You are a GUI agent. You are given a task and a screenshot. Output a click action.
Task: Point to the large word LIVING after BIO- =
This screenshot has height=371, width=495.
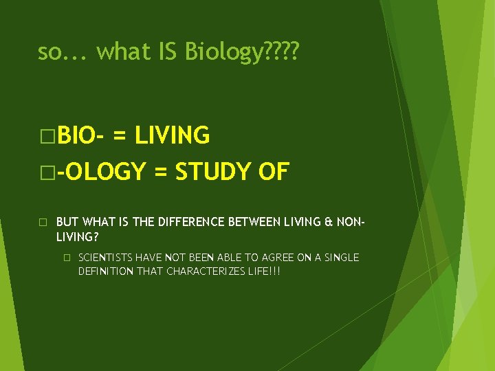coord(172,136)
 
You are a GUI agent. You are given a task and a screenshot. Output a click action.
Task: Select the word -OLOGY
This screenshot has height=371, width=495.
coord(101,172)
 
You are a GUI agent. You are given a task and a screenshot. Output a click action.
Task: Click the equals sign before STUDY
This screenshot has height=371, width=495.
coord(159,172)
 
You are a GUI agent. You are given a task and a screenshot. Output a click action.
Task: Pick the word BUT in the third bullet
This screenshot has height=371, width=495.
coord(67,222)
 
